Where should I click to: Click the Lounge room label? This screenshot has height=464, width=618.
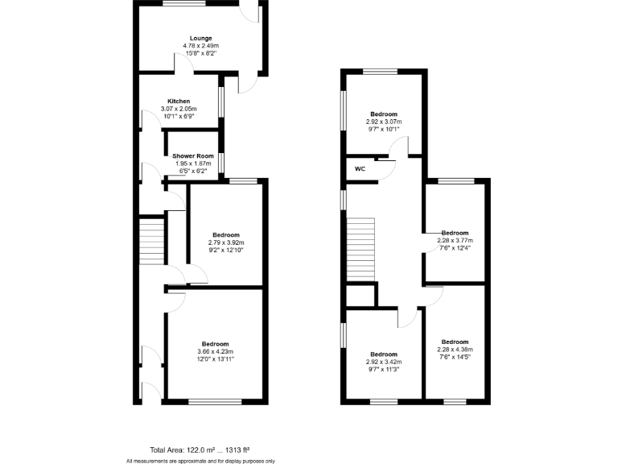click(x=200, y=38)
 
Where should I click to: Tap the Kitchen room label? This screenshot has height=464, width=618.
click(x=179, y=101)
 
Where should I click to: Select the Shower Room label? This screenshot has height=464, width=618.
click(x=193, y=155)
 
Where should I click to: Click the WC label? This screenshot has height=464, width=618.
click(x=360, y=169)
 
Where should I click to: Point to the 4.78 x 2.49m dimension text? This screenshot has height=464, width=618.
click(x=200, y=46)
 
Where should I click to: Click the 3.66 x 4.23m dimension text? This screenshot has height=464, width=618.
click(x=215, y=352)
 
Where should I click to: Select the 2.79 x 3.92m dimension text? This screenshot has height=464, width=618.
click(x=226, y=242)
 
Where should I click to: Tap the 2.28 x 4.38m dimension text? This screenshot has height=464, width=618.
click(x=455, y=350)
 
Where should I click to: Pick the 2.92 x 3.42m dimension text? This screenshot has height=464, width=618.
click(x=383, y=362)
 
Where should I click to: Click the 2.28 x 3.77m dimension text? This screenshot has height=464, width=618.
click(x=455, y=240)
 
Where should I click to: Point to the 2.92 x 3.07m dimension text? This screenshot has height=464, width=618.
click(x=383, y=122)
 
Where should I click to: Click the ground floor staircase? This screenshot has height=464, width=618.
click(x=152, y=239)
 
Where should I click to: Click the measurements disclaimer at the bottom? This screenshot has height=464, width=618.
click(x=200, y=461)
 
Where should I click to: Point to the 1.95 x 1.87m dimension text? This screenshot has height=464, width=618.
click(x=193, y=164)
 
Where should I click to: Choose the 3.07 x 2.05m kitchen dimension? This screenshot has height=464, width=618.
click(x=179, y=109)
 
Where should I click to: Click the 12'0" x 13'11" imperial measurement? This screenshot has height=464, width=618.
click(x=215, y=359)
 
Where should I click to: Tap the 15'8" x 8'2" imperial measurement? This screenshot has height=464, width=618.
click(x=200, y=53)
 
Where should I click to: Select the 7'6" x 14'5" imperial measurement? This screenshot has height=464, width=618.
click(x=455, y=357)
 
